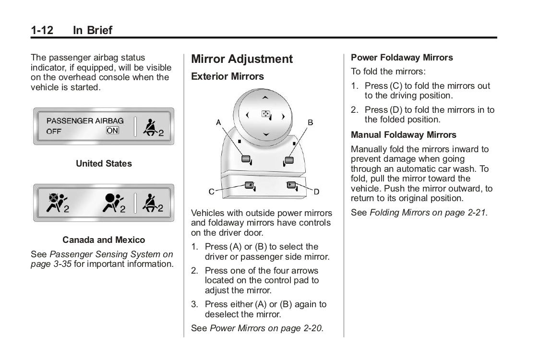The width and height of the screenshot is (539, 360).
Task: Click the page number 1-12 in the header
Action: click(42, 30)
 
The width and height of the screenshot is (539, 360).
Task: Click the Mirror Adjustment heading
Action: click(241, 59)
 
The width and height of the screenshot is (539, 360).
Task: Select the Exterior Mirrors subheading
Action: click(227, 76)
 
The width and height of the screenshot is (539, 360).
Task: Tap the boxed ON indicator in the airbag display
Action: click(112, 131)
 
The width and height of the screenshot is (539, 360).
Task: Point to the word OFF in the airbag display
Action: click(54, 131)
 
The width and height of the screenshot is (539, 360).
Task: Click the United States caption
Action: click(104, 164)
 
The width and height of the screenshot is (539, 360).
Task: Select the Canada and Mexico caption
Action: click(104, 240)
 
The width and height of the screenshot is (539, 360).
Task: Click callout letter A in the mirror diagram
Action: click(218, 122)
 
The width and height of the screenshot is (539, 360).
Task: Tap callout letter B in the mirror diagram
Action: click(310, 122)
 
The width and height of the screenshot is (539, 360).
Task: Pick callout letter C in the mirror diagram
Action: click(211, 192)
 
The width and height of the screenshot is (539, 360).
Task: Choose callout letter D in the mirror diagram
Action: click(316, 192)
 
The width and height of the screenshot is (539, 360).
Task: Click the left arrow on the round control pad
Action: click(247, 115)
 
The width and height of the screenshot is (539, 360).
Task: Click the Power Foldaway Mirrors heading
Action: click(402, 58)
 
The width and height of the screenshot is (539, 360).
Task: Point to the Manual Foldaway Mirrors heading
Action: click(404, 135)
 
